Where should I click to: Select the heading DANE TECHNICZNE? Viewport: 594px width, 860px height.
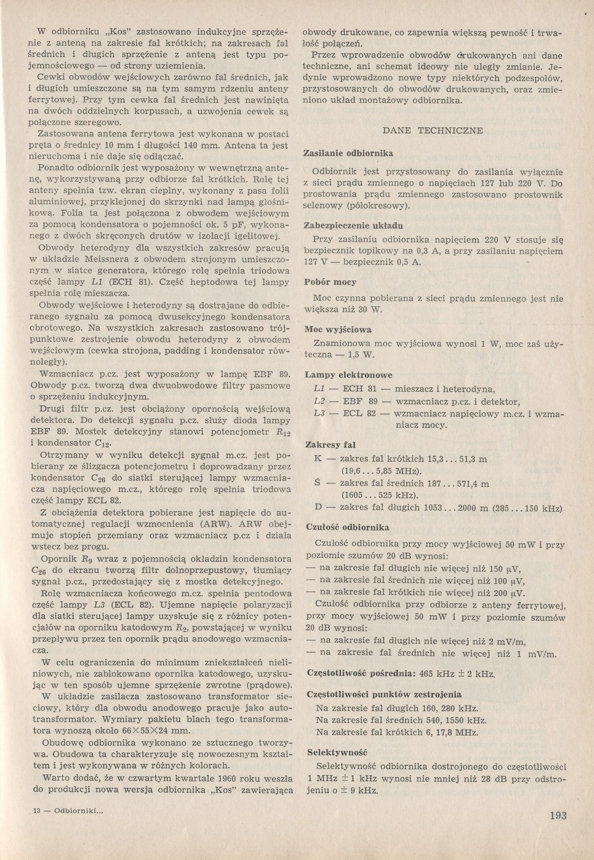click(432, 130)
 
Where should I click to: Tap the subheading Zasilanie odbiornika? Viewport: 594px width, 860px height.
click(348, 153)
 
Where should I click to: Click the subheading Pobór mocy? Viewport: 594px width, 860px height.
click(330, 282)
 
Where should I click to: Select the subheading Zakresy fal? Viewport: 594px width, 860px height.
click(330, 445)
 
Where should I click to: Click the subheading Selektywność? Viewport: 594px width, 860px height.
click(337, 752)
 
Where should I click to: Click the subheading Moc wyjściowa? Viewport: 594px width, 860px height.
click(338, 329)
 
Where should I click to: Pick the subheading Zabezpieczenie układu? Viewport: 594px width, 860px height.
click(354, 225)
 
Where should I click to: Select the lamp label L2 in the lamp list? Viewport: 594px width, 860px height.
click(320, 401)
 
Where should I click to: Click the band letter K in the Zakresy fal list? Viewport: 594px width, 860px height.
click(318, 459)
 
